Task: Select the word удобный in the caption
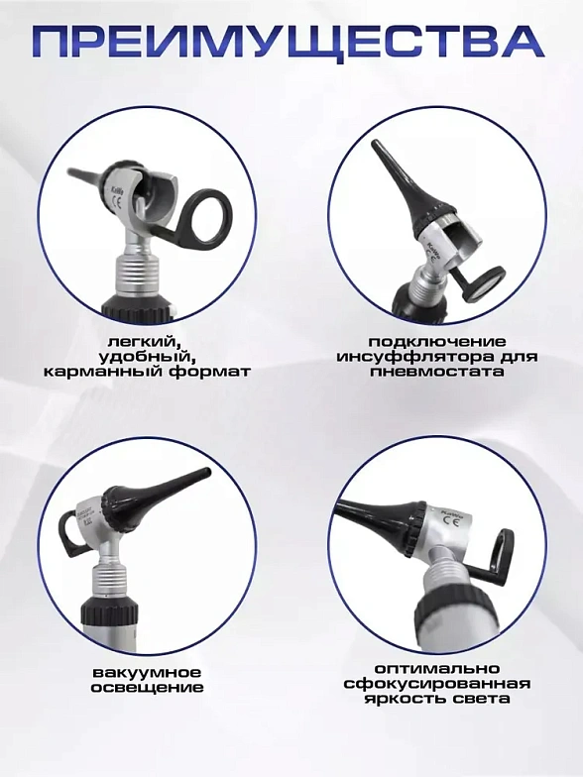[x=145, y=357]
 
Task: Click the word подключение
[x=437, y=342]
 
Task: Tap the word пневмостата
[x=437, y=372]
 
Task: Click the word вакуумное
[x=147, y=673]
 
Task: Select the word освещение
[x=147, y=688]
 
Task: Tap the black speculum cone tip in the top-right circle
[x=377, y=146]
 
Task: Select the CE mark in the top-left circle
[x=117, y=202]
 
